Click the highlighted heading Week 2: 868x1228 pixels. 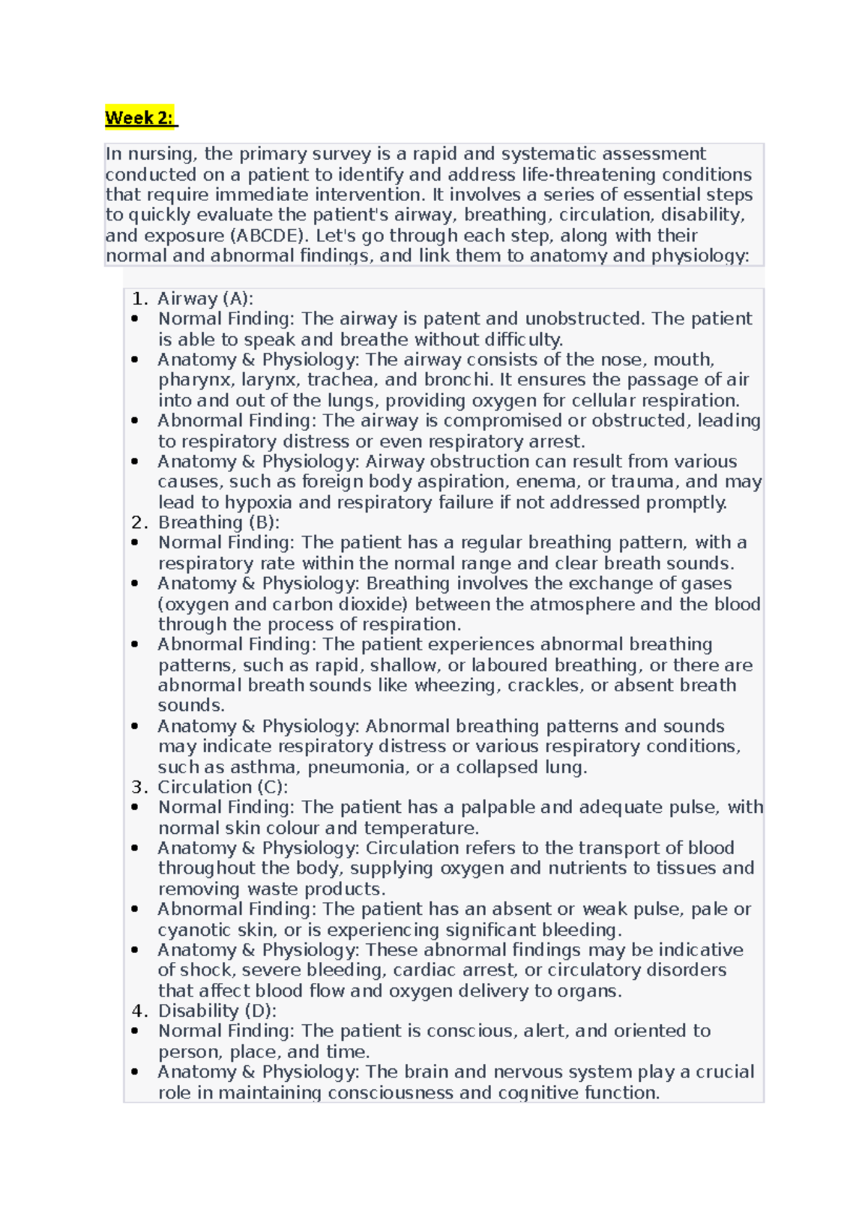140,118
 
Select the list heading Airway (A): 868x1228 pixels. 205,299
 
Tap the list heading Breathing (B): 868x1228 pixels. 218,522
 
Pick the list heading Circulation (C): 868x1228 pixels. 223,787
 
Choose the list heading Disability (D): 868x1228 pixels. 217,1010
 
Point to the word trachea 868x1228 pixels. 339,380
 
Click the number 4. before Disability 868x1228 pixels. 140,1010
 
